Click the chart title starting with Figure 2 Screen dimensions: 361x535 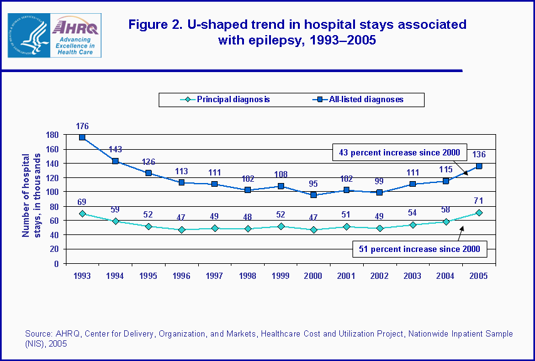pyautogui.click(x=297, y=32)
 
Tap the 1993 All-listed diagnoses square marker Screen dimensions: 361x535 pyautogui.click(x=82, y=138)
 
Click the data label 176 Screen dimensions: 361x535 pyautogui.click(x=82, y=125)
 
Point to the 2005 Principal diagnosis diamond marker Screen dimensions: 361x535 pyautogui.click(x=480, y=212)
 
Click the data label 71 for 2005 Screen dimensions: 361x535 pyautogui.click(x=480, y=202)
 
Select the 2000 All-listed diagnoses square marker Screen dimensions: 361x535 pyautogui.click(x=314, y=195)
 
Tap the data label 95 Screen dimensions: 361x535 pyautogui.click(x=314, y=184)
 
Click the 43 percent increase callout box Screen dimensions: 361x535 pyautogui.click(x=399, y=152)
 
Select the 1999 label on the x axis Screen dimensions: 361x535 pyautogui.click(x=281, y=275)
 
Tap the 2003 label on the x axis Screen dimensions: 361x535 pyautogui.click(x=413, y=275)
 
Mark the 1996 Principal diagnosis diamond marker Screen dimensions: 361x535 pyautogui.click(x=182, y=230)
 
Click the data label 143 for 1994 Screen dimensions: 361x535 pyautogui.click(x=115, y=149)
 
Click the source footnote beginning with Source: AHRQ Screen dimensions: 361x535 pyautogui.click(x=268, y=338)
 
